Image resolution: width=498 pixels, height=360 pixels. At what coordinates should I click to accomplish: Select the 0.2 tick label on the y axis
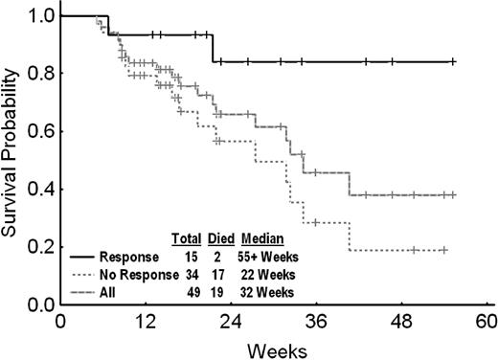tap(38, 247)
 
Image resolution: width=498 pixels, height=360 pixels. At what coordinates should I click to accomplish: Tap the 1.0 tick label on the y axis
tap(38, 16)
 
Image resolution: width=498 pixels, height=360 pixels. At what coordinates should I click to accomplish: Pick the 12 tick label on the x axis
tap(146, 320)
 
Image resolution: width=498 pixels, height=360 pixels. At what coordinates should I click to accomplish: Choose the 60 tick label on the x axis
tap(487, 320)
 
